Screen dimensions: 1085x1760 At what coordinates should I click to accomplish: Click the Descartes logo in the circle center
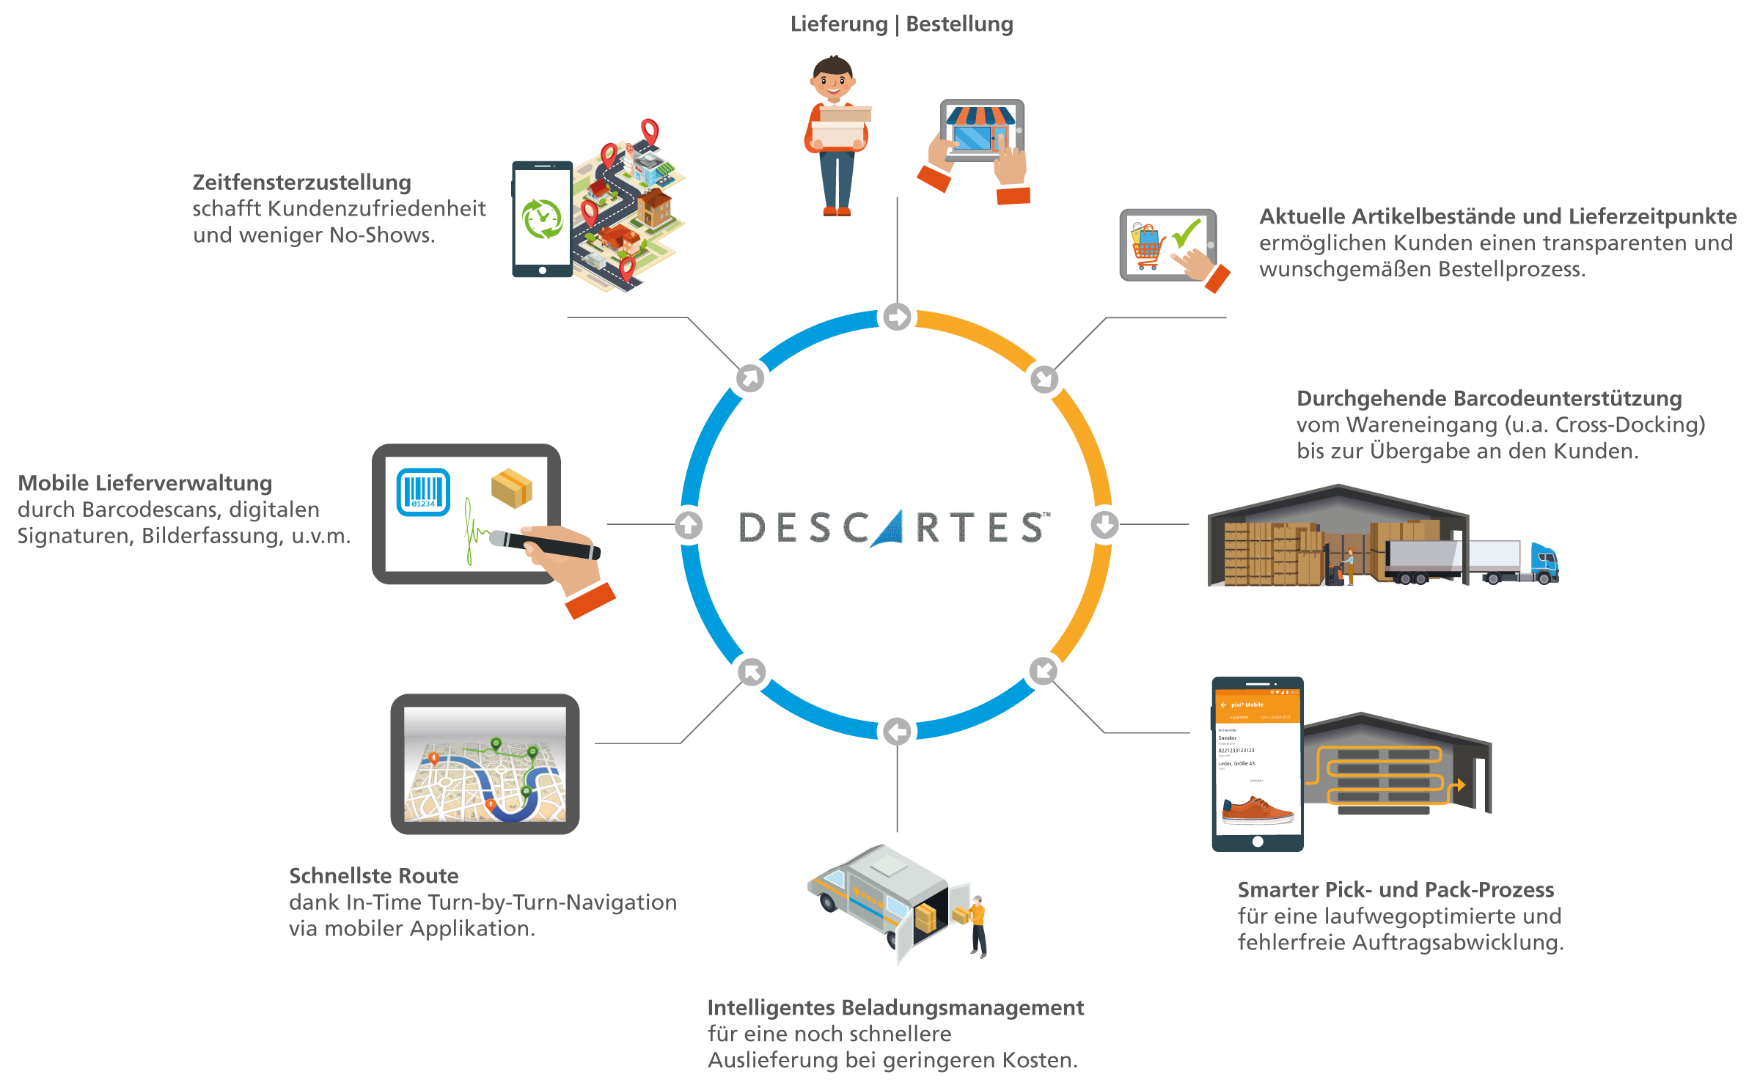[895, 528]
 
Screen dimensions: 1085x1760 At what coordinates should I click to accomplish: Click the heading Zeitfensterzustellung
[301, 182]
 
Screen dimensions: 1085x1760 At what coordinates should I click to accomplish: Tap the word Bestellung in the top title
[959, 24]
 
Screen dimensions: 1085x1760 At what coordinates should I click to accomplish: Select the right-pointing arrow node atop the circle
[897, 317]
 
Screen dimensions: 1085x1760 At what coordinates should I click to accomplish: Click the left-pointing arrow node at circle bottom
[897, 731]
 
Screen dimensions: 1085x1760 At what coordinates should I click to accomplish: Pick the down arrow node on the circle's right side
[1104, 524]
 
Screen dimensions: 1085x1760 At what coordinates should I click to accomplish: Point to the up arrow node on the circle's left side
[689, 524]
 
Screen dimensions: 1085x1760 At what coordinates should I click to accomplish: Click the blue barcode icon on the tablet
[423, 492]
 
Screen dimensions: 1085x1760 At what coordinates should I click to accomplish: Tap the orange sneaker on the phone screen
[1257, 810]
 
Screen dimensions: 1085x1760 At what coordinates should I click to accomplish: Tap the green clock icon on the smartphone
[542, 218]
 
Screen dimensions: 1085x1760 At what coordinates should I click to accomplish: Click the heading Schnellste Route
[373, 875]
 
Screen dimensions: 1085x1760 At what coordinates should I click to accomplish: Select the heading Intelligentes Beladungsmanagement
[895, 1007]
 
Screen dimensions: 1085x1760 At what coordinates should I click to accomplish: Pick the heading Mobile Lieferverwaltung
[144, 482]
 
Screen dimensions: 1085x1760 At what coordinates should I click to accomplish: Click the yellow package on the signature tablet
[512, 488]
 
